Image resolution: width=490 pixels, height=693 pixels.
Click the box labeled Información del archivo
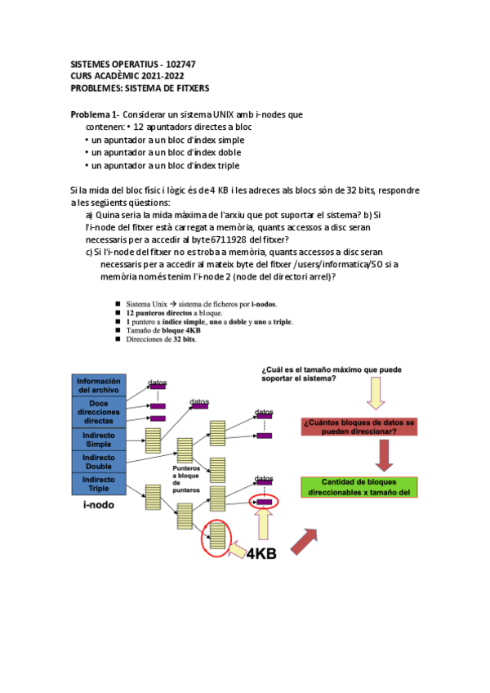coord(99,384)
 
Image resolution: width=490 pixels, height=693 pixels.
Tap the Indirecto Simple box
coord(99,440)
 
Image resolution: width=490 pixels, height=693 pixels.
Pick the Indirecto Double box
coord(99,462)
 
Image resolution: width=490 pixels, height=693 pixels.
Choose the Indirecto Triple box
coord(99,483)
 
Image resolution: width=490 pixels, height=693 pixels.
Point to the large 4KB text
coord(261,553)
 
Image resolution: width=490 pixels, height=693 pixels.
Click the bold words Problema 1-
coord(96,115)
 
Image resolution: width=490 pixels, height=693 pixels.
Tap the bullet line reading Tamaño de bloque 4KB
coord(166,330)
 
